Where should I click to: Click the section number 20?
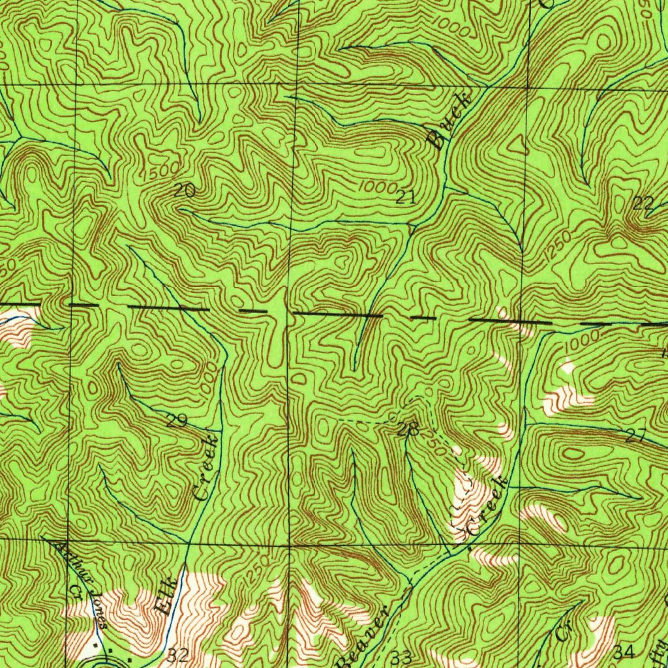pyautogui.click(x=185, y=190)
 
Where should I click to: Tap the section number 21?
pyautogui.click(x=406, y=198)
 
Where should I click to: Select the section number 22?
pyautogui.click(x=643, y=204)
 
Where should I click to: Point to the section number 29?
pyautogui.click(x=176, y=421)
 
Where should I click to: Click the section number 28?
pyautogui.click(x=408, y=429)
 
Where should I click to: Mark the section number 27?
pyautogui.click(x=635, y=436)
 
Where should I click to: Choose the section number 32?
pyautogui.click(x=178, y=655)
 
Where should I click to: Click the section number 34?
pyautogui.click(x=624, y=651)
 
